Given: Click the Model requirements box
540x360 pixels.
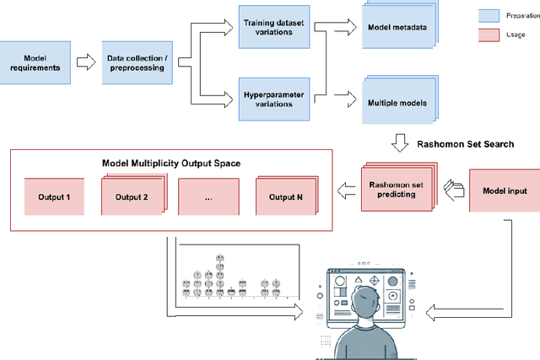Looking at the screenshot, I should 35,62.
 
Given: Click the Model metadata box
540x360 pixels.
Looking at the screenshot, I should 396,27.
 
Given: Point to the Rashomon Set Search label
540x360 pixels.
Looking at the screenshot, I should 465,143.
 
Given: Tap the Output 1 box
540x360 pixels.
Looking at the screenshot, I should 55,197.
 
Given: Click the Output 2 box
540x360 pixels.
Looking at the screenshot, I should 132,197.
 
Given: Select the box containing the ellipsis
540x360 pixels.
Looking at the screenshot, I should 208,197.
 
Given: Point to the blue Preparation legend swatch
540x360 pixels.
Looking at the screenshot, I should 489,15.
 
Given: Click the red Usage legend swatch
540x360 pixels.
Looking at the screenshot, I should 489,34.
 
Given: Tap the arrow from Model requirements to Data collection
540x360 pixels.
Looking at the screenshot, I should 85,62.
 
